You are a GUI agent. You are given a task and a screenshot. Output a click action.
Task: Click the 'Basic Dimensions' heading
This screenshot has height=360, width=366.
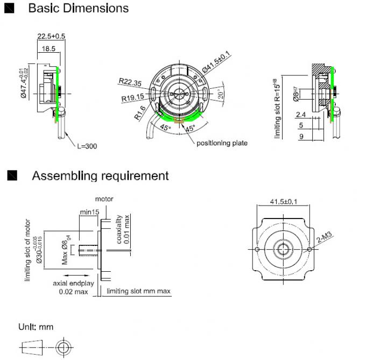[78, 9]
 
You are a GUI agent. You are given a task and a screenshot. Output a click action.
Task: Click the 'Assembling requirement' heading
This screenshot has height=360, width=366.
[100, 175]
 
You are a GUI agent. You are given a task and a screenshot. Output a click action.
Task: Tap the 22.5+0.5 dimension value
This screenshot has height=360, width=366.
[51, 36]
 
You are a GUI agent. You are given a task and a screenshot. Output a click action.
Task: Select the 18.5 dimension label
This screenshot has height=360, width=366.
[47, 48]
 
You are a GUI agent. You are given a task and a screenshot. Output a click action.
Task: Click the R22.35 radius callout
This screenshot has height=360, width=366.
[130, 82]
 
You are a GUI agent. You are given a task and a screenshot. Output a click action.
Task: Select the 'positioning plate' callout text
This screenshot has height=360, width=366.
[222, 143]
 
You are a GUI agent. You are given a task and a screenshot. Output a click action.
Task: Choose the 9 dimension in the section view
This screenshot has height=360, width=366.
[301, 137]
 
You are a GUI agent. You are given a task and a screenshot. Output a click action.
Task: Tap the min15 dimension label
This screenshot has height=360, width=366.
[89, 212]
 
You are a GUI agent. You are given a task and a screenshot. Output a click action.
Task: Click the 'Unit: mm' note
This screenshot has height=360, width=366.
[36, 327]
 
